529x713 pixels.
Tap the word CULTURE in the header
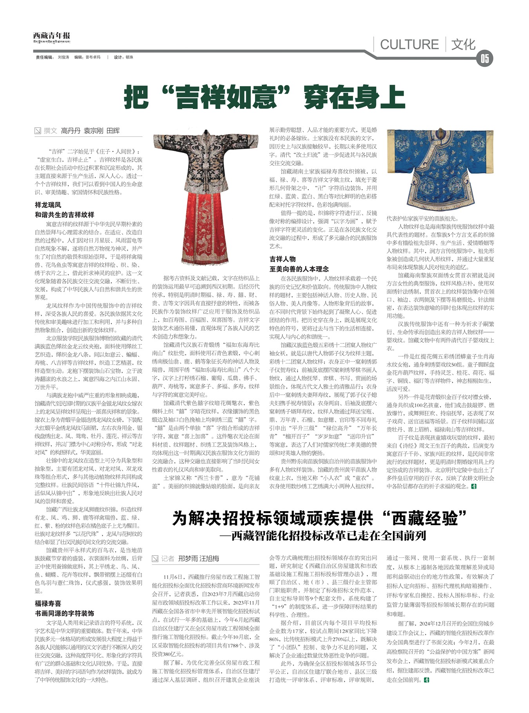pos(409,44)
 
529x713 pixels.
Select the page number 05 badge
pos(484,59)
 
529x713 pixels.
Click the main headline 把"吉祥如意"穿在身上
pos(264,97)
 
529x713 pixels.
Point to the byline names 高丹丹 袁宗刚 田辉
pos(90,131)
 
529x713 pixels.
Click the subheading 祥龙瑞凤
pos(48,205)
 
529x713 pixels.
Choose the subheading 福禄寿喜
pos(48,604)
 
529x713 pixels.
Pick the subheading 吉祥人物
pos(283,259)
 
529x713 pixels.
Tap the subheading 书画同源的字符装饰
pos(65,613)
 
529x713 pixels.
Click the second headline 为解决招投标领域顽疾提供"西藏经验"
pos(320,518)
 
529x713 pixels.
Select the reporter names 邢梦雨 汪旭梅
pos(199,559)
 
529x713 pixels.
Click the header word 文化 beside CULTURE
pos(463,44)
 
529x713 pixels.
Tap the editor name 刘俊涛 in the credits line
pos(63,57)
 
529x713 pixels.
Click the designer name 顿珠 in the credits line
pos(129,57)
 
